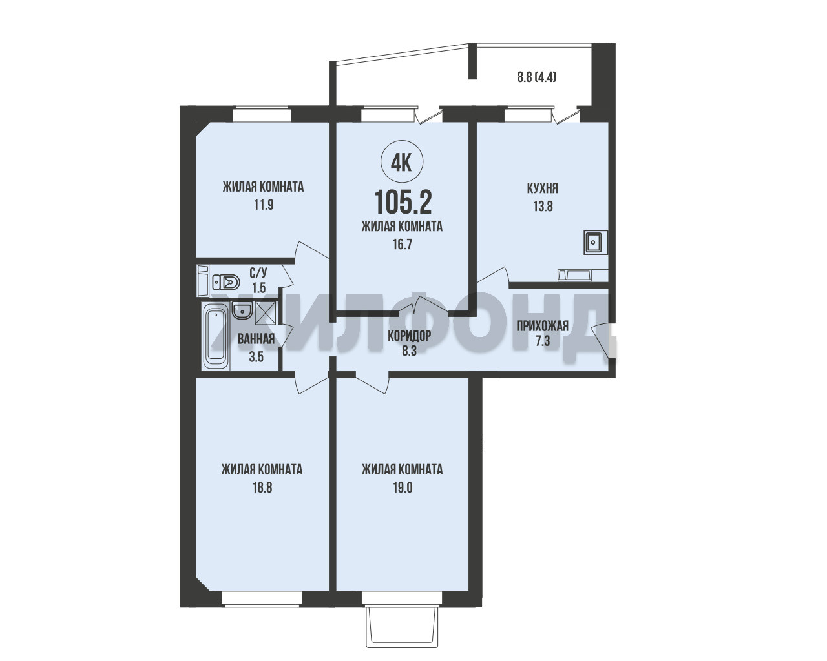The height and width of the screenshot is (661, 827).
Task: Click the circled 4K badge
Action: [402, 163]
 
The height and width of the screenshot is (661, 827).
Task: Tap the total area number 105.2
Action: [403, 202]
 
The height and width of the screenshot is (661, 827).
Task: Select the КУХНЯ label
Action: [542, 188]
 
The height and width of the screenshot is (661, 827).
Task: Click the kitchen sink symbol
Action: [596, 242]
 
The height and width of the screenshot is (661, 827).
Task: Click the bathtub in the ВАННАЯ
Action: [216, 336]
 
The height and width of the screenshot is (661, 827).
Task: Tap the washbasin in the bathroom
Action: [242, 310]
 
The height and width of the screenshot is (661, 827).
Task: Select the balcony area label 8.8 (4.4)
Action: [536, 77]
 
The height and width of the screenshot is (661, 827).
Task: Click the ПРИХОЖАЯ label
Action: [542, 326]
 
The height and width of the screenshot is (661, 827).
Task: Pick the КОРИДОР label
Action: [409, 336]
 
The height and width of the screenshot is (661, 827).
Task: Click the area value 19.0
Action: [403, 487]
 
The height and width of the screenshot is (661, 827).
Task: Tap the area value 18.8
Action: [262, 487]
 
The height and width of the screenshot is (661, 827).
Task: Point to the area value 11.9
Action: [264, 205]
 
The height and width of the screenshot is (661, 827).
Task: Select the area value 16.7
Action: [403, 244]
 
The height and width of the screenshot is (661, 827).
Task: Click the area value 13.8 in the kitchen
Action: [543, 207]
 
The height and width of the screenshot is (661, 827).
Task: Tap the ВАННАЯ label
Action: [256, 339]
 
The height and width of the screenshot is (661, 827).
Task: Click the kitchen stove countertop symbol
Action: [583, 276]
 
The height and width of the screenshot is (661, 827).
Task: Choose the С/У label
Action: [258, 273]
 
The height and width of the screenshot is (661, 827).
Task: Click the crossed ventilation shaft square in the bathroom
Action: [265, 313]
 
